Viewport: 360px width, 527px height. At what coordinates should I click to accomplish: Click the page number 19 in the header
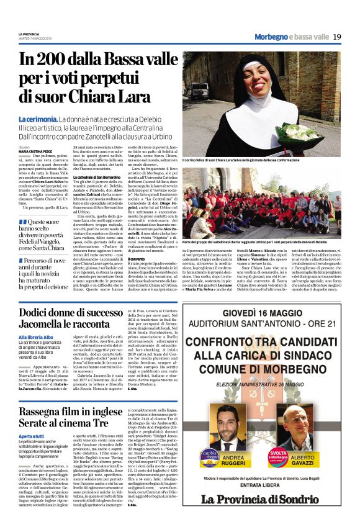click(337, 37)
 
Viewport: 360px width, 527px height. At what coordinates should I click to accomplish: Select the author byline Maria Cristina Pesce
click(35, 133)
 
